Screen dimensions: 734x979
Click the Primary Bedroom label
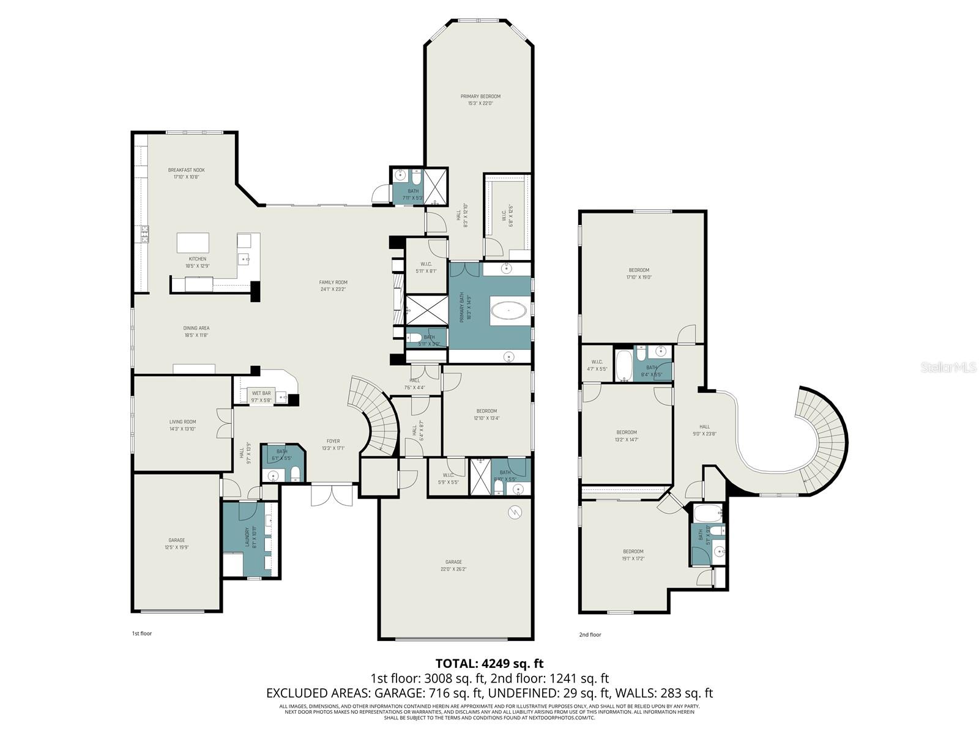(480, 97)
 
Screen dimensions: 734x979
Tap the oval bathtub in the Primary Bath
(508, 311)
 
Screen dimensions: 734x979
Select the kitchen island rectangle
(193, 242)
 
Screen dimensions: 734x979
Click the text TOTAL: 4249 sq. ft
(489, 663)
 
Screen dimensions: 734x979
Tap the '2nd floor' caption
(590, 634)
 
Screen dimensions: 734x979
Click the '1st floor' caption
(141, 633)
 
